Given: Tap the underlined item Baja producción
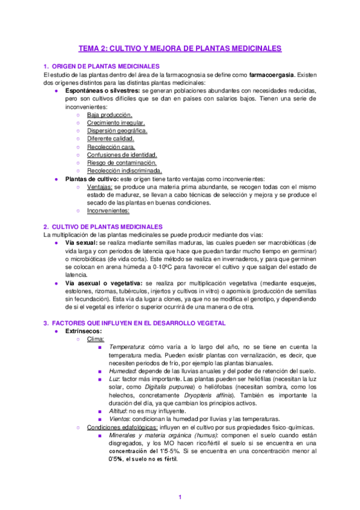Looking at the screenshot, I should (109, 114).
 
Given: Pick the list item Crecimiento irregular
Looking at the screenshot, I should (115, 122).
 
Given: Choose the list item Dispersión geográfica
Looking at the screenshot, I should (117, 130).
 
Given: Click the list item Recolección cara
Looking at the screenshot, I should (111, 146).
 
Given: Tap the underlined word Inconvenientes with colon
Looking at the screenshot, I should (108, 211).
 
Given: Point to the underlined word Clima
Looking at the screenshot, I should (96, 339).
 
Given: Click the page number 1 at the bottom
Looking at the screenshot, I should (180, 496).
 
